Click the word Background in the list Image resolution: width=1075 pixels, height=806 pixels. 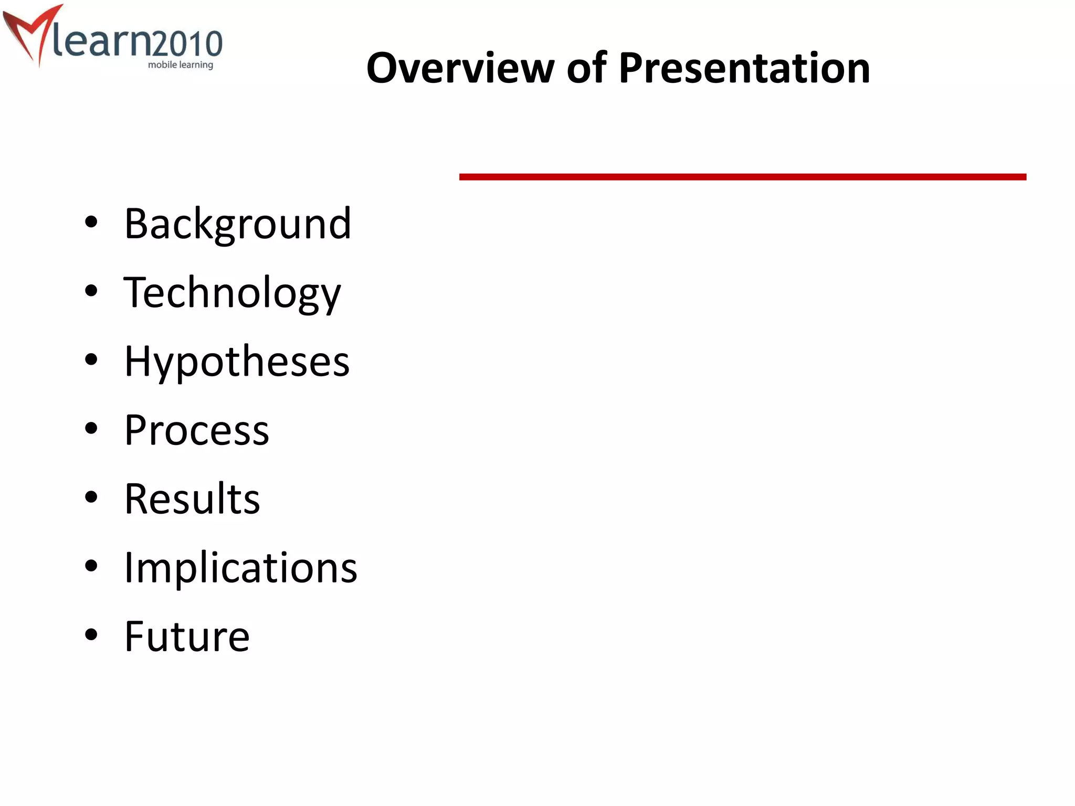point(237,224)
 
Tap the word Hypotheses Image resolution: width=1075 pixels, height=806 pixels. point(237,362)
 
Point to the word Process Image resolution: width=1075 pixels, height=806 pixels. point(197,430)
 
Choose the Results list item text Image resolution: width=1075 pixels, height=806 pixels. point(192,499)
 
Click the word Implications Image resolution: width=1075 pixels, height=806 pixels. point(240,568)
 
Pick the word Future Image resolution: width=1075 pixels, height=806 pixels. point(187,637)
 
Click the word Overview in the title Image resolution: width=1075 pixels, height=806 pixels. point(460,68)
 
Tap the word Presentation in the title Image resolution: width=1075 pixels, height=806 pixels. point(744,68)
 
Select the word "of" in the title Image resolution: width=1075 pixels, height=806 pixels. point(586,68)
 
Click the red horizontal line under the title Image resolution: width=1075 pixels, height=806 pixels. point(742,177)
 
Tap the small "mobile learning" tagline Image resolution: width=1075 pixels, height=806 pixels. point(181,65)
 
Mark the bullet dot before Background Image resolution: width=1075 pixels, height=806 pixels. point(91,222)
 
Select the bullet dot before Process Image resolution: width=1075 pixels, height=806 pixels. point(91,429)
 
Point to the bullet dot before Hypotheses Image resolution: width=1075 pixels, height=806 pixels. point(91,360)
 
